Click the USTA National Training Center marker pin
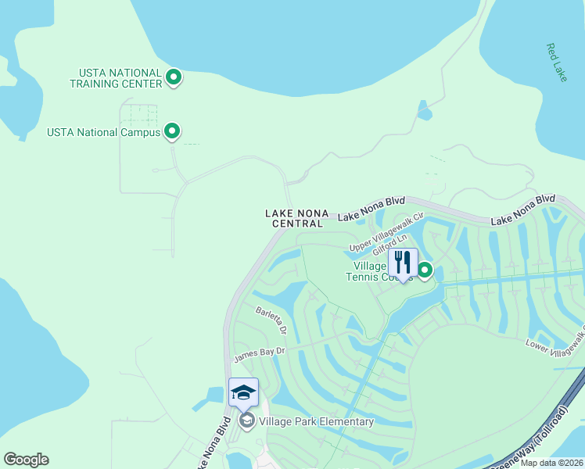pyautogui.click(x=174, y=77)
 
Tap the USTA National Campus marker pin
pyautogui.click(x=173, y=131)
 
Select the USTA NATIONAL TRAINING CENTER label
pyautogui.click(x=116, y=78)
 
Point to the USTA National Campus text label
pyautogui.click(x=103, y=132)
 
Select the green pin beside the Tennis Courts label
pyautogui.click(x=425, y=270)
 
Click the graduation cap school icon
pyautogui.click(x=243, y=392)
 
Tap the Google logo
pyautogui.click(x=26, y=460)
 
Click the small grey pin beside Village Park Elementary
pyautogui.click(x=246, y=422)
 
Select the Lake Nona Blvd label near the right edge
pyautogui.click(x=522, y=210)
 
